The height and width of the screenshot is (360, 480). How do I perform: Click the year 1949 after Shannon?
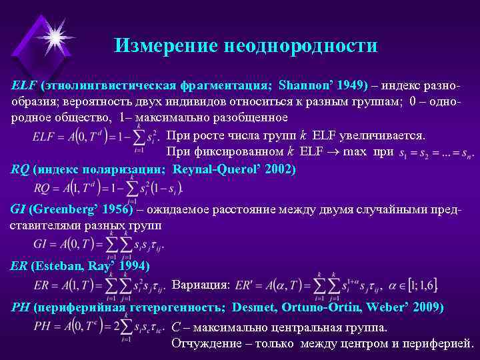tap(351, 86)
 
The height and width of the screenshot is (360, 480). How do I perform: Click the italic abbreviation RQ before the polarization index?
tap(20, 169)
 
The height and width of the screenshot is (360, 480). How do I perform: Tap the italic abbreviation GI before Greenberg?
tap(17, 209)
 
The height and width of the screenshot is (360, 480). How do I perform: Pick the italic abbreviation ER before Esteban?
tap(19, 266)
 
